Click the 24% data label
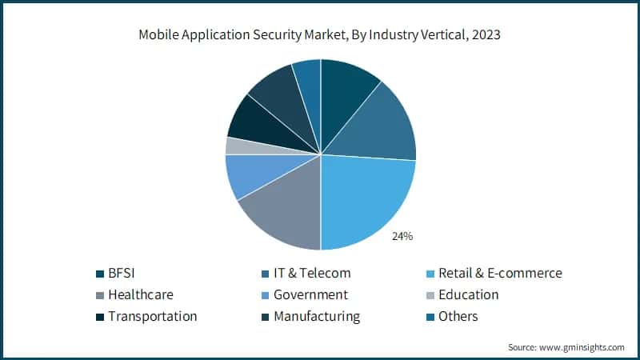pyautogui.click(x=402, y=236)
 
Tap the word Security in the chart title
pyautogui.click(x=258, y=34)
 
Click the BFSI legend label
pyautogui.click(x=126, y=273)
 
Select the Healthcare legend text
pyautogui.click(x=141, y=294)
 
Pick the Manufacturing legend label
pyautogui.click(x=317, y=316)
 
